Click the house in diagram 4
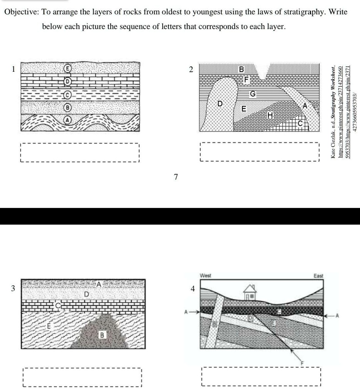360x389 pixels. coord(249,293)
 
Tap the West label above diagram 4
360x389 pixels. coord(205,276)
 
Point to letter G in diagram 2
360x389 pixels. coord(253,93)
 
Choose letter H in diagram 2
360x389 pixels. coord(270,115)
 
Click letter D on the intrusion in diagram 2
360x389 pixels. coord(220,103)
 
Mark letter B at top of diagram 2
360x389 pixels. coord(242,69)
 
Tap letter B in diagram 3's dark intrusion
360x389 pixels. coord(102,335)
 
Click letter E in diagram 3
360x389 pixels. coord(49,326)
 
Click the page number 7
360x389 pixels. coord(176,177)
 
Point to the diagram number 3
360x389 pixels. coord(13,288)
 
